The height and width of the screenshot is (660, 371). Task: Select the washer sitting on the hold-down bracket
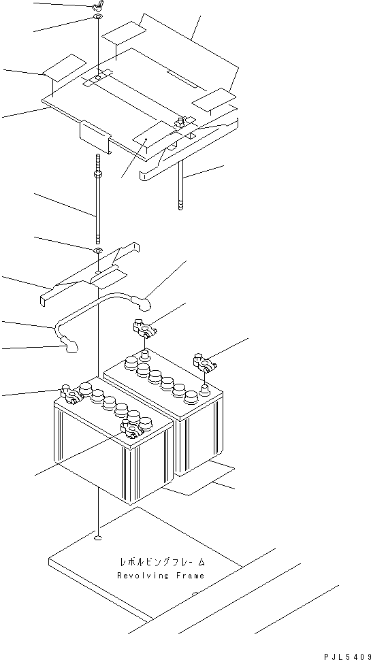coord(98,251)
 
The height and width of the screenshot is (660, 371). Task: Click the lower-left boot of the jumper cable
coord(69,348)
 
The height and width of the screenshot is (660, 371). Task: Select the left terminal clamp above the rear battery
coord(144,329)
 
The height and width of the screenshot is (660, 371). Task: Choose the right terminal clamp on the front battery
coord(132,428)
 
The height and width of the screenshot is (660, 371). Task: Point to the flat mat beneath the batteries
coord(204,480)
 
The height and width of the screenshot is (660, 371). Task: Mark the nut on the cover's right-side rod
coord(182,122)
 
